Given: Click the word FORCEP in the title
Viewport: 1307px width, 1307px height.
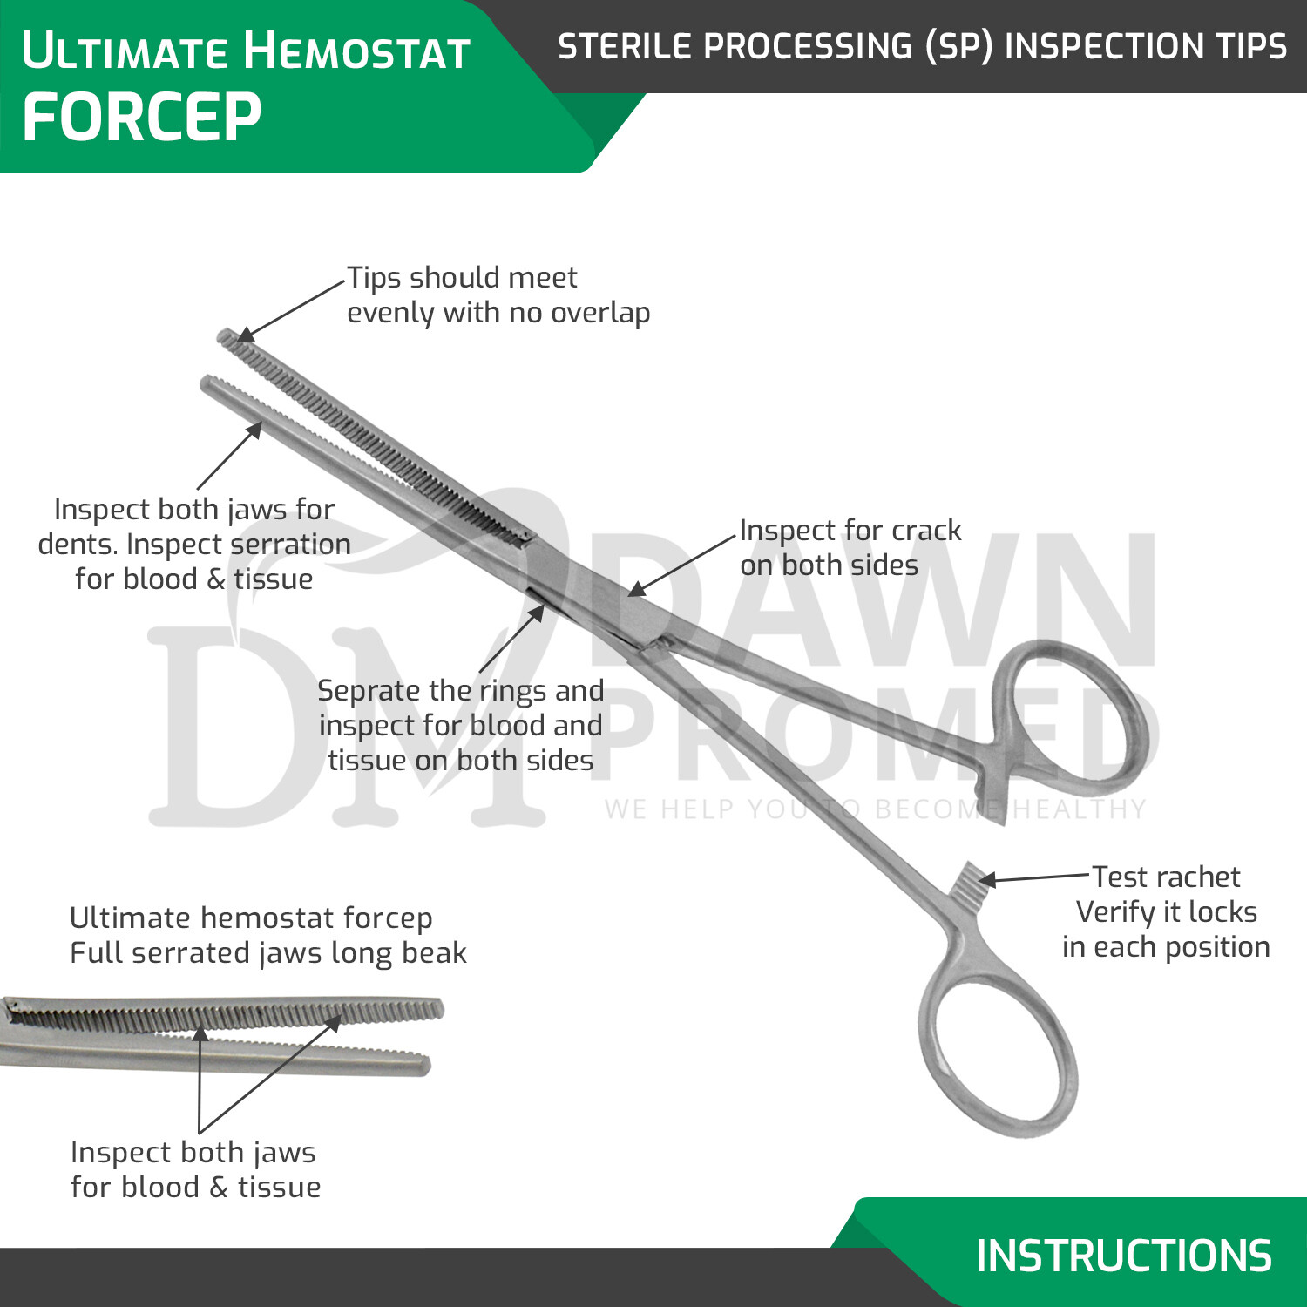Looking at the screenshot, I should [141, 118].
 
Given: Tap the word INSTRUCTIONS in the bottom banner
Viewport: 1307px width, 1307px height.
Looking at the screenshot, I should [1123, 1256].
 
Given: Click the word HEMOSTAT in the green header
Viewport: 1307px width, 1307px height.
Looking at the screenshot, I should [357, 51].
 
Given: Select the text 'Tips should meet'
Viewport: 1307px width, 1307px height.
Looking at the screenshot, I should [462, 278].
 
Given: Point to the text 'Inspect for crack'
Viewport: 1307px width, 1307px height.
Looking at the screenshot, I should [850, 530].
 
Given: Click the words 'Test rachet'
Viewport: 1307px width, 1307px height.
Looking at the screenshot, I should [1166, 877].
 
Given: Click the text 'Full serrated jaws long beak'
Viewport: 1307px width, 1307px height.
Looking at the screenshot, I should [268, 953].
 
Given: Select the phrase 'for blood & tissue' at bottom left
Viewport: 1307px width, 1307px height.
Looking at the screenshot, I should [195, 1187].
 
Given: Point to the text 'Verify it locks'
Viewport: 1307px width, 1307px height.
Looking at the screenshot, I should [1166, 912].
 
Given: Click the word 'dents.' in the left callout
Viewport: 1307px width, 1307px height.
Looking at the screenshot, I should [78, 545].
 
